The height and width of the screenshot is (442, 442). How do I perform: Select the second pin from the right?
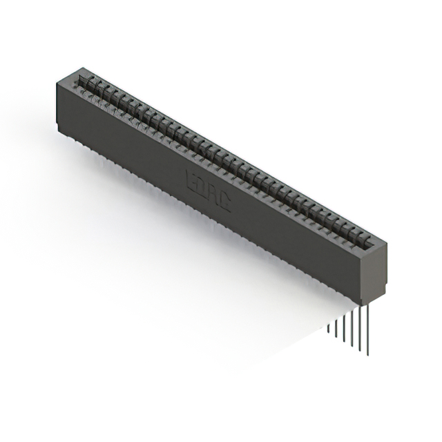[x=359, y=325]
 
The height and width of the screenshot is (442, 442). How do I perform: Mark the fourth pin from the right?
[x=344, y=323]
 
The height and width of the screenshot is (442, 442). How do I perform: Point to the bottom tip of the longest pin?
[x=367, y=354]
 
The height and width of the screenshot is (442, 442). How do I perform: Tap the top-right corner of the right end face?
[x=387, y=244]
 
